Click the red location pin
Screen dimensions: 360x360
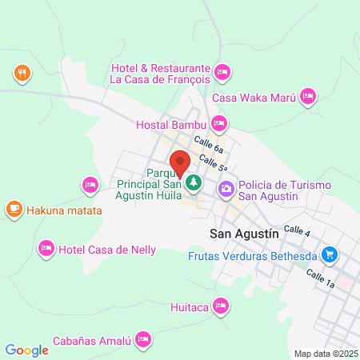tap(180, 162)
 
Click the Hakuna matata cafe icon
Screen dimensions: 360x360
tap(14, 210)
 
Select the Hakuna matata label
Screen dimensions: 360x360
tap(64, 211)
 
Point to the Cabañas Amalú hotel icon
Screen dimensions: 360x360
tap(144, 339)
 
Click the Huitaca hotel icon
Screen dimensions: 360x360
tap(222, 306)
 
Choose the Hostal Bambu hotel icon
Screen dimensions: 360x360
tap(219, 124)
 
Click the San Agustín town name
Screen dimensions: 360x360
tap(242, 234)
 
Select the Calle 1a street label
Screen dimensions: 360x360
tap(320, 278)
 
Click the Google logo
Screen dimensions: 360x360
tap(27, 350)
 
